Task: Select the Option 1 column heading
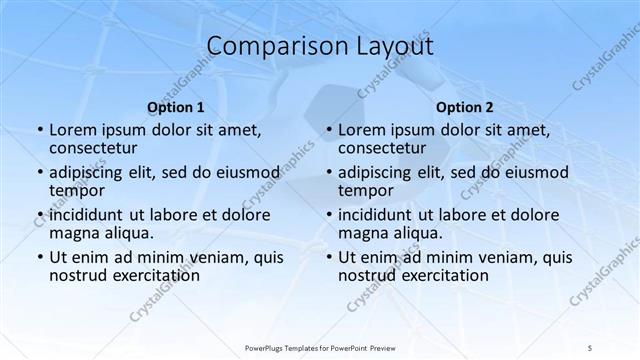click(x=175, y=107)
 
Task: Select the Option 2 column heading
click(x=464, y=107)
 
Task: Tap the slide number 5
click(x=591, y=347)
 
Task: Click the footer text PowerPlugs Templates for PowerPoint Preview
click(x=320, y=347)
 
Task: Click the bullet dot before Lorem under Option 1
click(x=38, y=131)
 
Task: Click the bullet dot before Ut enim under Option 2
click(x=327, y=257)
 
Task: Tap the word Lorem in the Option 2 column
click(x=363, y=130)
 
